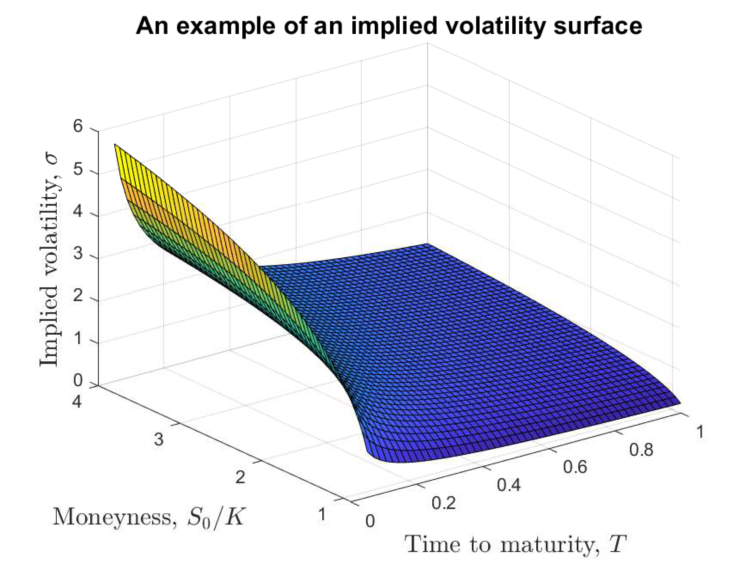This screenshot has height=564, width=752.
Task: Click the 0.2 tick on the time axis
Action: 443,503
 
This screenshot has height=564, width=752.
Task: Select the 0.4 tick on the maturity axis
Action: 509,485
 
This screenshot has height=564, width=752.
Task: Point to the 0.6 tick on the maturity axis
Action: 575,467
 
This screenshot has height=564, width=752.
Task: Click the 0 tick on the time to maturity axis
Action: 370,521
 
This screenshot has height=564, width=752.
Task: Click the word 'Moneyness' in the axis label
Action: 112,516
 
